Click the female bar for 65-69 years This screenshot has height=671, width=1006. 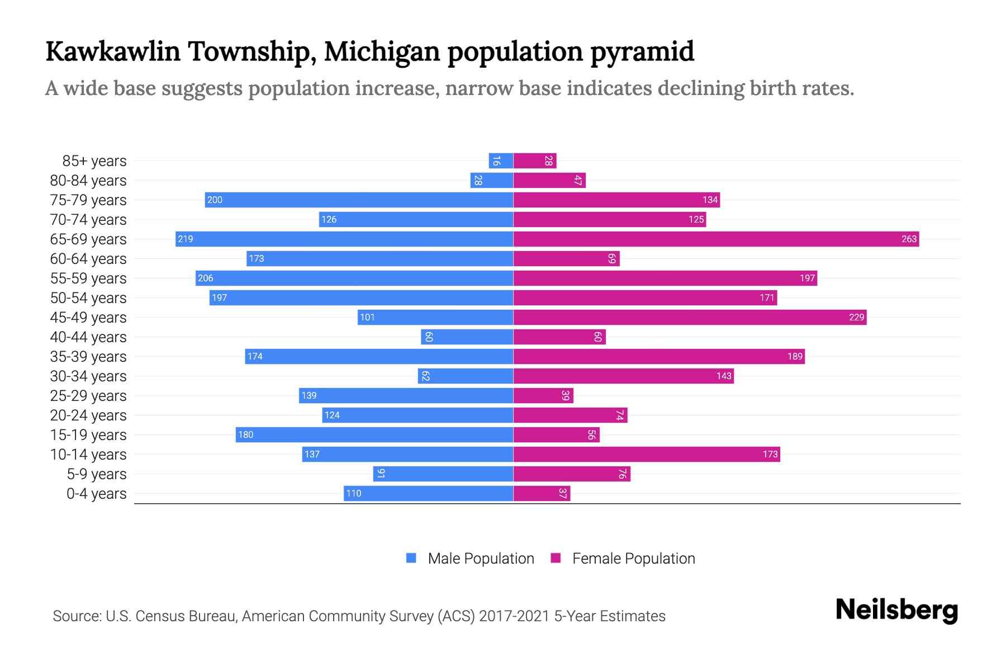[715, 239]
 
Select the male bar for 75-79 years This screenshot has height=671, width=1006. [359, 200]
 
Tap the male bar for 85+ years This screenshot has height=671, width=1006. [501, 161]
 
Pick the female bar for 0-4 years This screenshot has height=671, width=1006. [542, 494]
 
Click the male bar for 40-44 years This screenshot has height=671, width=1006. [467, 337]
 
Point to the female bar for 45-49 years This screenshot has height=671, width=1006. [690, 318]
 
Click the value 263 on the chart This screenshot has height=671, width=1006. [909, 239]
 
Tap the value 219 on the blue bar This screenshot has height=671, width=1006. [185, 239]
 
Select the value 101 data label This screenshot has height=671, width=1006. [367, 318]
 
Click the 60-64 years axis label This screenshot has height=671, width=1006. [88, 259]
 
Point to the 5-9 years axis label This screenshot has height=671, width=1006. [96, 474]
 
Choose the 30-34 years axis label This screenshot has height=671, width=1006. [88, 376]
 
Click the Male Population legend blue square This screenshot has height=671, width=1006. [411, 558]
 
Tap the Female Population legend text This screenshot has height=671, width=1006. [633, 559]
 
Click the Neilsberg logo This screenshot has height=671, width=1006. [896, 610]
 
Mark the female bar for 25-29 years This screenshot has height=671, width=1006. [543, 396]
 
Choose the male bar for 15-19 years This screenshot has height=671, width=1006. [374, 435]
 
